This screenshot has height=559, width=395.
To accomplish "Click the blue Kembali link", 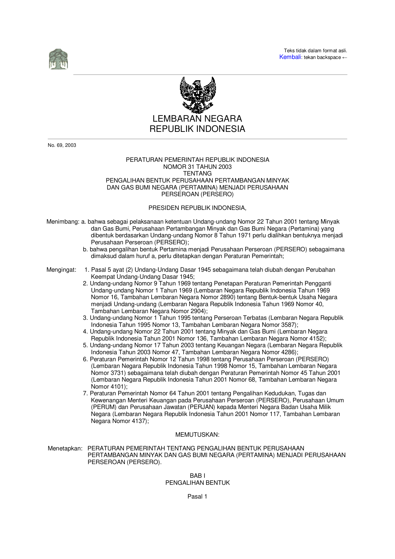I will coord(290,57).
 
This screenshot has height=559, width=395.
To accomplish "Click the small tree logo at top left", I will coord(58,59).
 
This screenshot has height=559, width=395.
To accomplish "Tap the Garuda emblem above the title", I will coord(197,95).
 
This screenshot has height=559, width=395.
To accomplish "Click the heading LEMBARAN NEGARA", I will coord(197,119).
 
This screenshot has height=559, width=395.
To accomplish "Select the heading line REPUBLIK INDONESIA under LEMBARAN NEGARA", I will coord(197,129).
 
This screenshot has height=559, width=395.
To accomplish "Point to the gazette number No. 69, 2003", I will coord(62,145).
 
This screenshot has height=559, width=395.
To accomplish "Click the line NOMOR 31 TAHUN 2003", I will coord(197,167).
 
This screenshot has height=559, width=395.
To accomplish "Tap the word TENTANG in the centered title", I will coord(197,174).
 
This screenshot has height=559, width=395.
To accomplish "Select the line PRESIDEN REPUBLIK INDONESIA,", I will coord(197,208).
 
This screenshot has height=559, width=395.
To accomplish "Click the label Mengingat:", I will coord(61,270).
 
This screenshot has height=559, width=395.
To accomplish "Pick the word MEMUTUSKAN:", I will coord(197,435).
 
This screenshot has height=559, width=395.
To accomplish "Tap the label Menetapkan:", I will coord(65,448).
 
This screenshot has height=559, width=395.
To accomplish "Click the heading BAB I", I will coord(197,476).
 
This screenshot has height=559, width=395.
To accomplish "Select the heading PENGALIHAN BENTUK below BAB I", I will coord(197,483).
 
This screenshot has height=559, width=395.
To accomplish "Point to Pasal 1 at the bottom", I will coord(197,497).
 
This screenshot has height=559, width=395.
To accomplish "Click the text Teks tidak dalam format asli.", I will coord(315,51).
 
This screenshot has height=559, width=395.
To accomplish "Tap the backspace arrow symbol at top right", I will coord(344,58).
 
